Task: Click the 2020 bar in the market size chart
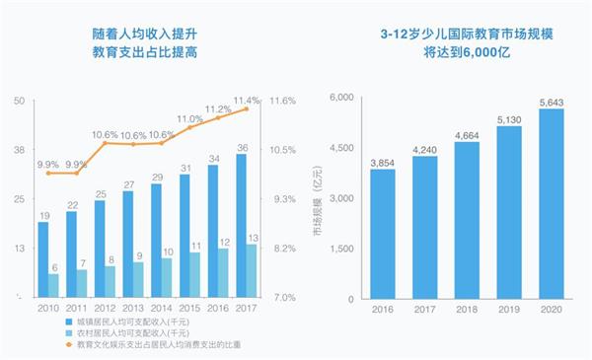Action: point(552,204)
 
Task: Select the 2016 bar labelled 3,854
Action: point(383,234)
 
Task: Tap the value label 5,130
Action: point(509,120)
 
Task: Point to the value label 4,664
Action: point(467,136)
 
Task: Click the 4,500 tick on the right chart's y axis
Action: point(341,148)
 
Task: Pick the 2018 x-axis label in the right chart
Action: point(467,310)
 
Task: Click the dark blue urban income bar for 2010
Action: point(43,259)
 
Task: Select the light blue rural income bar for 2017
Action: point(251,271)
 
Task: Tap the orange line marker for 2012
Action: point(105,143)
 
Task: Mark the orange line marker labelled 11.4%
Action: point(247,108)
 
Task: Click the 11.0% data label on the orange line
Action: point(189,119)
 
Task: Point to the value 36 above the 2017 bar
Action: point(243,148)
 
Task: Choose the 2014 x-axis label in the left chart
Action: point(161,309)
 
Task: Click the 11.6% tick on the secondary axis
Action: point(282,101)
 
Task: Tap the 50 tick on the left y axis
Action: point(20,101)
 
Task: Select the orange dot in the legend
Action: point(69,344)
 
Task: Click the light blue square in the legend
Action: point(69,333)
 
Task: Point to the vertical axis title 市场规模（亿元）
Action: point(318,201)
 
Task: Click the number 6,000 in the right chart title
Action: point(480,52)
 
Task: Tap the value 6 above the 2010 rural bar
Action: point(54,268)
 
